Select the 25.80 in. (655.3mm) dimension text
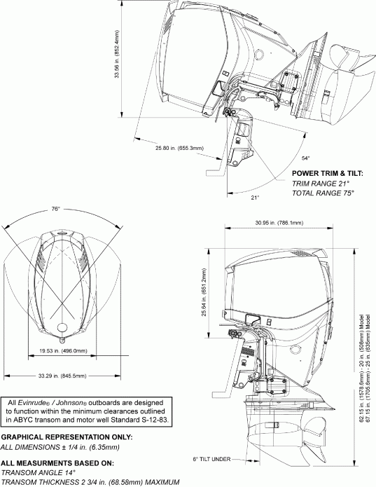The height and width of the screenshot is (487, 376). point(179,148)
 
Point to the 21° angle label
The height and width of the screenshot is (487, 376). point(256,198)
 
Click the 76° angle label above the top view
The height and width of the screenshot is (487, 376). point(55,209)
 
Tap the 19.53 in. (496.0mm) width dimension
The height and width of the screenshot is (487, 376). point(62,350)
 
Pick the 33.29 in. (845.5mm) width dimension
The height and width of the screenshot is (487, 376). point(62,376)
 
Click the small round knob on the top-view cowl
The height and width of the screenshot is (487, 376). point(62,328)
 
